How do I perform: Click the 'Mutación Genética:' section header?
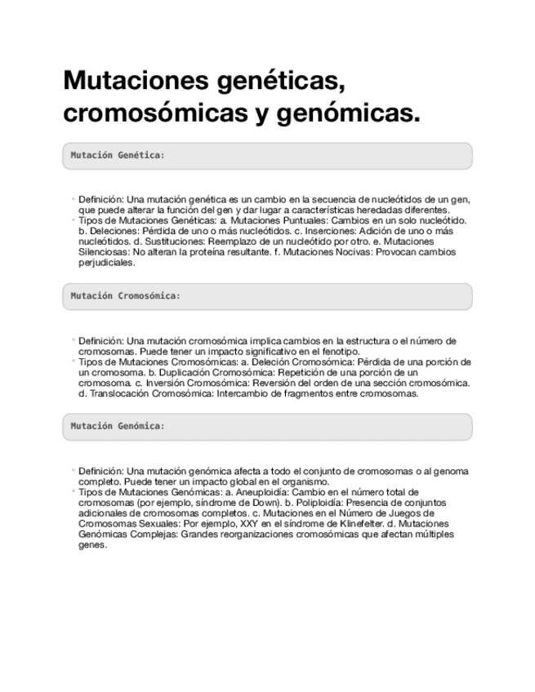pyautogui.click(x=117, y=155)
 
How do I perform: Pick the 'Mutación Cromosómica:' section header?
pyautogui.click(x=125, y=295)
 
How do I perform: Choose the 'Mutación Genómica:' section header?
pyautogui.click(x=118, y=426)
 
